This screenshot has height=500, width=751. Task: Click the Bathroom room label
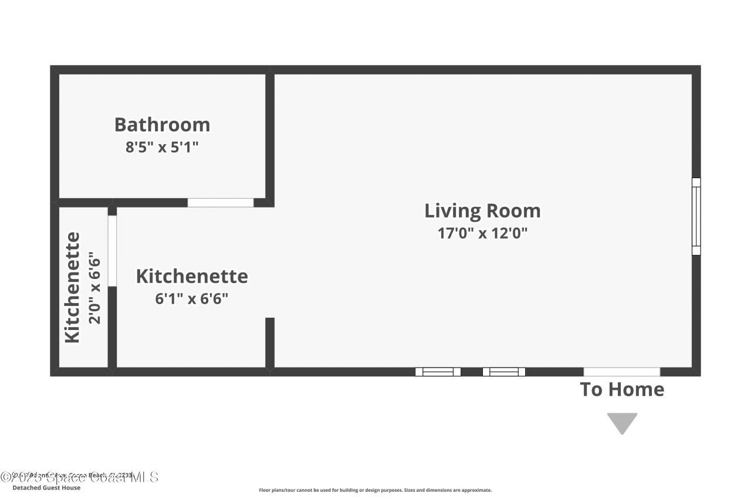pos(162,124)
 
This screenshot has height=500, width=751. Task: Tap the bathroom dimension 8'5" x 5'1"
pos(162,146)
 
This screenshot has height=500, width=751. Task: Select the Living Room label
pos(482,210)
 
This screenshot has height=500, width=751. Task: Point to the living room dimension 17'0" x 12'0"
pos(482,233)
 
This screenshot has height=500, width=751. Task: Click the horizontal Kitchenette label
pos(192,276)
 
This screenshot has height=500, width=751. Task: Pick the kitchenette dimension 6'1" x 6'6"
pos(191,298)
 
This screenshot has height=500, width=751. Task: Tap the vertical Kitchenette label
pos(72,287)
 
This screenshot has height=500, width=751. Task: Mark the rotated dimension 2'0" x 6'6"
pos(95,287)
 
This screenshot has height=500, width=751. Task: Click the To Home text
pos(622,389)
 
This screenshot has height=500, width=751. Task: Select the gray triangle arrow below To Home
pos(622,422)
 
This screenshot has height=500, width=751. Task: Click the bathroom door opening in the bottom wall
pos(221,203)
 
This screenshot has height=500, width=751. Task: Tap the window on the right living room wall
pos(696,216)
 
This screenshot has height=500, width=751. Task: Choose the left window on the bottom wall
pos(438,372)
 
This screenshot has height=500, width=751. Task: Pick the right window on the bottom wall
pos(503,372)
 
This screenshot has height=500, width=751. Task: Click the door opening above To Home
pos(621,372)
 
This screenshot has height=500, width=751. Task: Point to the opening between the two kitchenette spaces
pos(112,251)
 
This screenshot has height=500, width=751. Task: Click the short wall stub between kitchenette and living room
pos(270,342)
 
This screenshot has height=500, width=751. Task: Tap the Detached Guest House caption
pos(46,488)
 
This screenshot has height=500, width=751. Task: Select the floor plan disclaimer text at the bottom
pos(375,490)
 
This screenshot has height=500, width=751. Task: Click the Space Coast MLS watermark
pos(79,477)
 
